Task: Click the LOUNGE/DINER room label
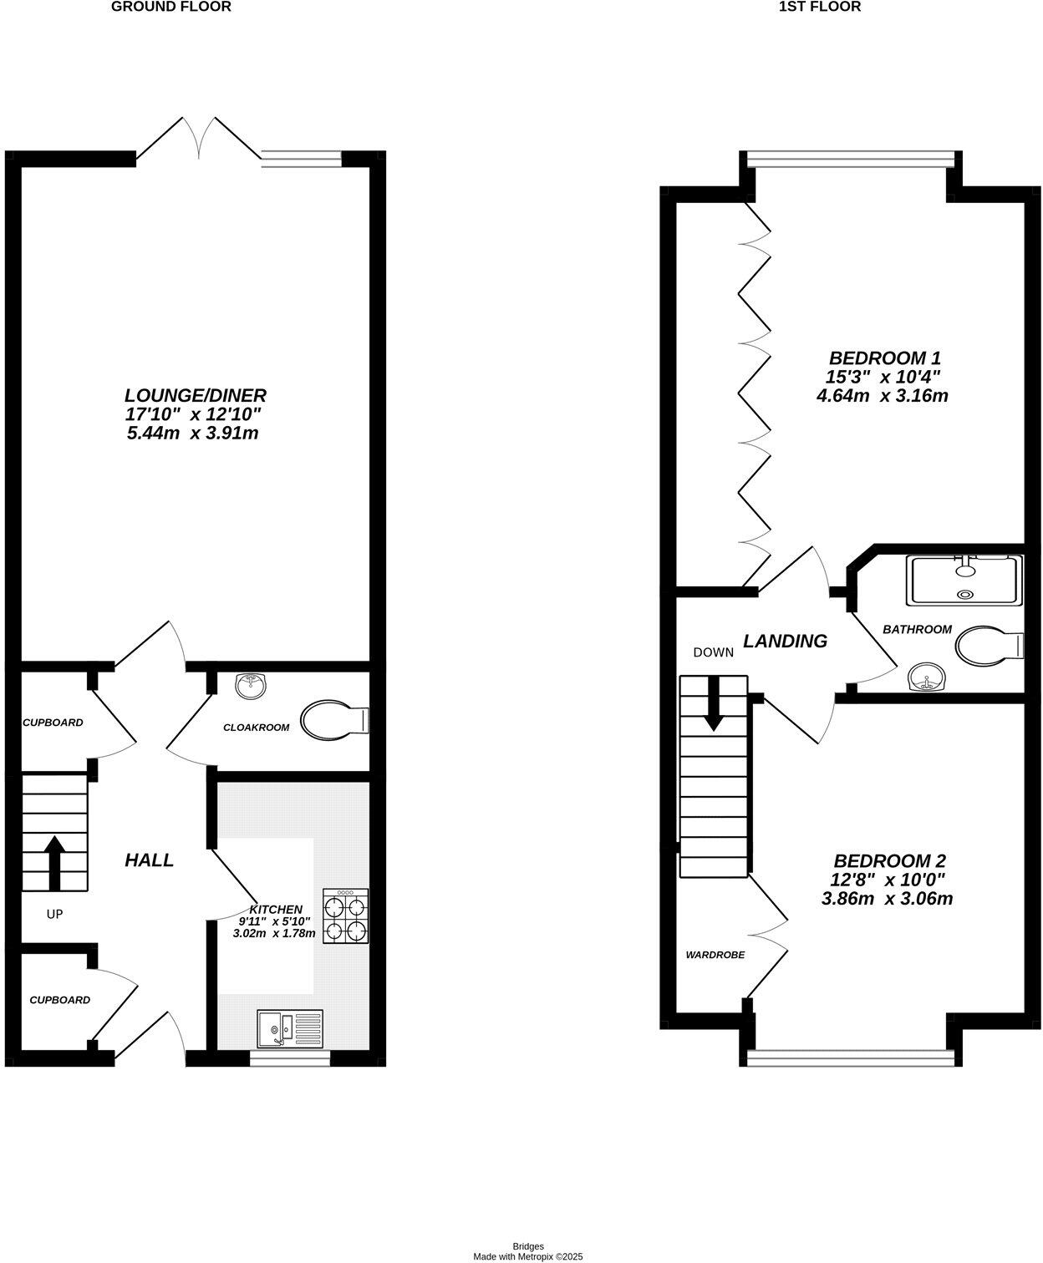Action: pyautogui.click(x=196, y=395)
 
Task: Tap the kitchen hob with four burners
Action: pyautogui.click(x=346, y=916)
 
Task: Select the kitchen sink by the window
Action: pyautogui.click(x=289, y=1029)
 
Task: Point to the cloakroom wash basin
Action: pyautogui.click(x=252, y=686)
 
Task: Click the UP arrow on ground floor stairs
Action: pyautogui.click(x=55, y=862)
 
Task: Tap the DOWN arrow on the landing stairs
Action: pyautogui.click(x=713, y=703)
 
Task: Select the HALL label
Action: pyautogui.click(x=149, y=860)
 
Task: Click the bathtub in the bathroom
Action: pyautogui.click(x=964, y=581)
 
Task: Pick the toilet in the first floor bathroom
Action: pyautogui.click(x=990, y=646)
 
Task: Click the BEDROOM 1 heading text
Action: pyautogui.click(x=882, y=358)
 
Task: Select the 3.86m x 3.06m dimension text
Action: pyautogui.click(x=888, y=899)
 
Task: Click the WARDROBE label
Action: pyautogui.click(x=715, y=955)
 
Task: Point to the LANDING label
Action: pyautogui.click(x=785, y=641)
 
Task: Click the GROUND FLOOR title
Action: pyautogui.click(x=170, y=7)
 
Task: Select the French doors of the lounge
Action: pyautogui.click(x=199, y=139)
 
